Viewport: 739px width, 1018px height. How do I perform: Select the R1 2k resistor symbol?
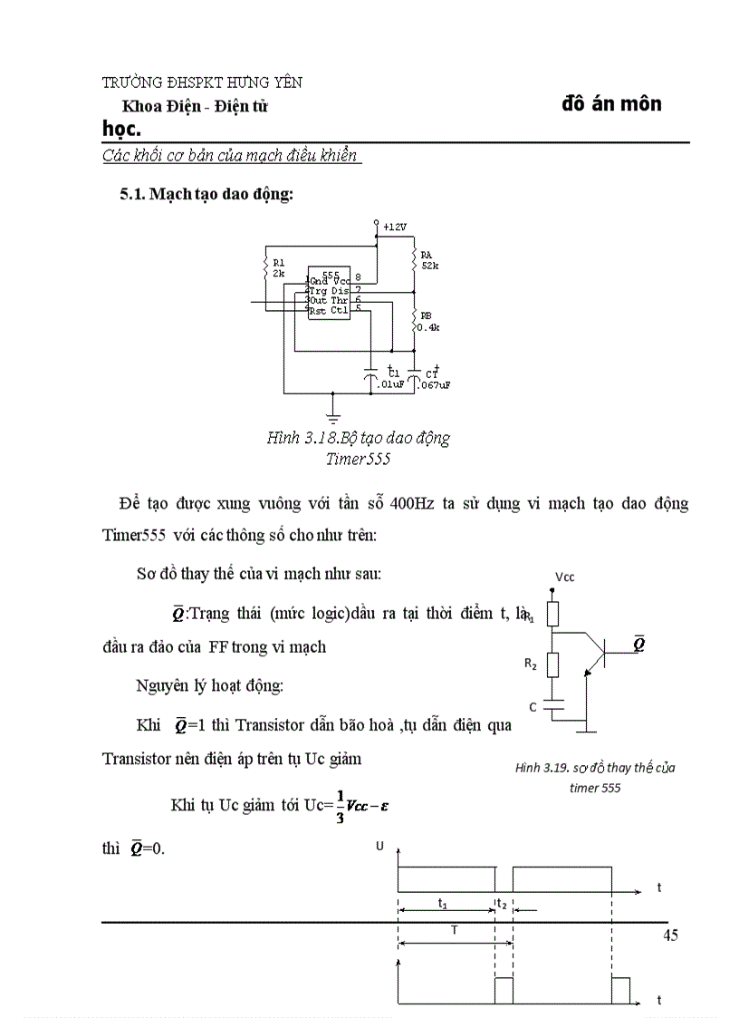266,267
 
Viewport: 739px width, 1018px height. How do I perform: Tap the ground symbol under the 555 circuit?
334,414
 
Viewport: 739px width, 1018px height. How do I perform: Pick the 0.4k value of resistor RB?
428,327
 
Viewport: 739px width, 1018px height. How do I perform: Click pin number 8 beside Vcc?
359,277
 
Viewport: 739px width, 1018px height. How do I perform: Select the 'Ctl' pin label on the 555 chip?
340,310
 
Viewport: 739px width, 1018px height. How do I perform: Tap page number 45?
670,936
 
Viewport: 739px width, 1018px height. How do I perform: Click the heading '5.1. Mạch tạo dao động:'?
206,194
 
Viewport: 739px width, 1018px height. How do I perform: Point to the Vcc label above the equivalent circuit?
564,577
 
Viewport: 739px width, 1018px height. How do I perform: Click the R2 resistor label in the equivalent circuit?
531,664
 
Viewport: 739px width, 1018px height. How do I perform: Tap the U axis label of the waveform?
379,847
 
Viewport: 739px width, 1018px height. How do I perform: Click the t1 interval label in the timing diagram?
442,904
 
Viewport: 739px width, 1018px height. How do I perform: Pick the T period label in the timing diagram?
454,931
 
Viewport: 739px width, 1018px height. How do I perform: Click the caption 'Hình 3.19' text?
541,769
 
